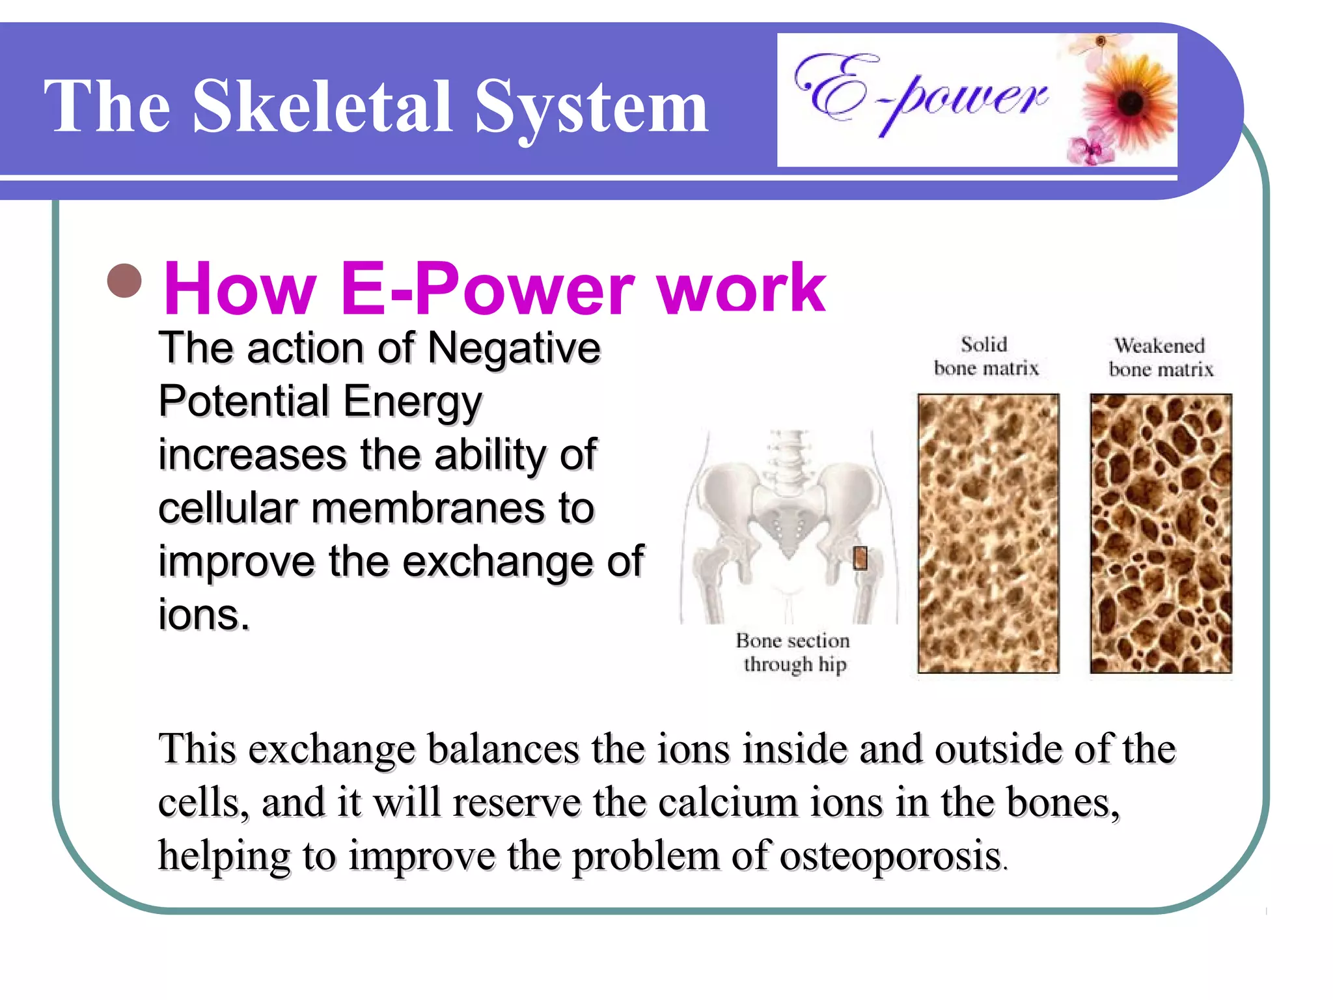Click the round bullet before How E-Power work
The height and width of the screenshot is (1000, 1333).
124,281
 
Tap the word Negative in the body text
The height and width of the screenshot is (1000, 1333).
514,348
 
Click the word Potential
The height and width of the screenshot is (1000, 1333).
243,401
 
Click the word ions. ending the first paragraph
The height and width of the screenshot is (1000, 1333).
204,615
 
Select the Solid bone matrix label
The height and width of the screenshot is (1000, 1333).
985,356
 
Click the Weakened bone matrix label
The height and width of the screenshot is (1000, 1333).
1161,357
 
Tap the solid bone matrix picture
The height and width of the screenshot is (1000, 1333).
988,533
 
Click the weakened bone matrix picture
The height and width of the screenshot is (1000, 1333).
1161,533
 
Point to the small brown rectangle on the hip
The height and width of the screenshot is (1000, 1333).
860,558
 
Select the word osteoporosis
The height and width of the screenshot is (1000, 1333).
890,856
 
